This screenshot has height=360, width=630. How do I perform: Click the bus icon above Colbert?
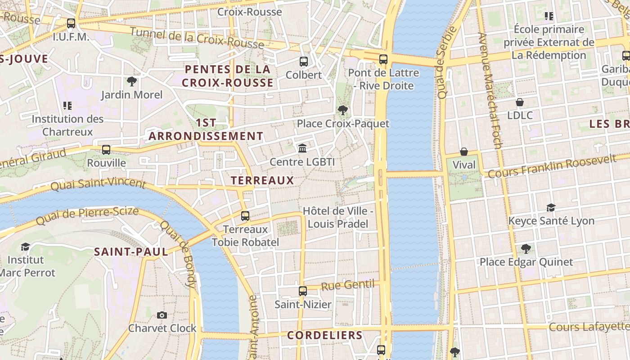pos(304,62)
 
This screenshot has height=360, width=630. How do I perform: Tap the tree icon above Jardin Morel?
pos(131,81)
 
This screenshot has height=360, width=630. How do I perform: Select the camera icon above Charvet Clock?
pos(162,315)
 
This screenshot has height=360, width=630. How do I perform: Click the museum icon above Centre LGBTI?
pos(302,148)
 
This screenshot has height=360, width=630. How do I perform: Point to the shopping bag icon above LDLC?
pos(520,102)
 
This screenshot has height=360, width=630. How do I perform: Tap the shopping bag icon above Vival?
pos(464,152)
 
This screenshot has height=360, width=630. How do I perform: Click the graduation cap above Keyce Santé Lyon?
pos(551,207)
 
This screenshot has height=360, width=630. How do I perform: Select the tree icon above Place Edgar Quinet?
pos(526,248)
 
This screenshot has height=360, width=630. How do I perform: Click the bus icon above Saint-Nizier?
pos(303,291)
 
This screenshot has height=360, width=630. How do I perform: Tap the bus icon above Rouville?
pos(106,150)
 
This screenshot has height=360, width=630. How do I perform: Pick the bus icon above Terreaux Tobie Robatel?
pos(245,216)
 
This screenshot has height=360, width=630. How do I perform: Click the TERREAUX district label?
pos(262,180)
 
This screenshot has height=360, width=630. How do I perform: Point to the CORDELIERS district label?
pos(324,335)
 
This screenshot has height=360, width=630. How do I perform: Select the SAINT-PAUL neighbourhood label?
pos(131,252)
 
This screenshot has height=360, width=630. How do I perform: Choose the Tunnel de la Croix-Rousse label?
pos(197,38)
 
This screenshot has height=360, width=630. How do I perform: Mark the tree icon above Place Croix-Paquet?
pos(343,110)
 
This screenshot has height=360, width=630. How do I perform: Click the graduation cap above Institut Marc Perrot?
pos(25,247)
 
